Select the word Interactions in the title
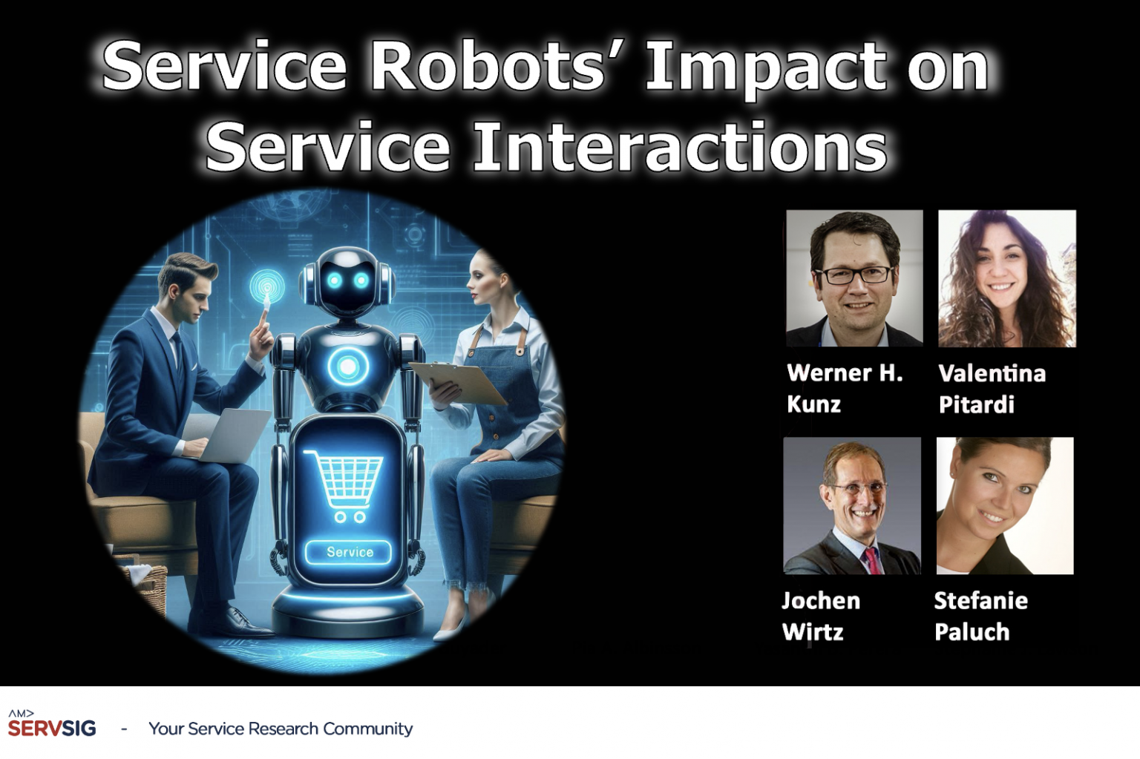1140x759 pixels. point(679,147)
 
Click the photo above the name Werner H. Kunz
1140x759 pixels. point(854,278)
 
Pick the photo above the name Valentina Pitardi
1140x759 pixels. point(1006,278)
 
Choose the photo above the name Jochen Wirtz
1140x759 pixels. point(852,505)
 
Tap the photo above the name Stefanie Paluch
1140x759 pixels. point(1004,505)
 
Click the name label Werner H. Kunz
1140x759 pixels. point(844,388)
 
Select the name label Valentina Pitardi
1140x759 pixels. point(992,388)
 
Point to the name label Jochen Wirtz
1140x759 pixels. point(820,616)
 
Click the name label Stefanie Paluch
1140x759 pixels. point(980,616)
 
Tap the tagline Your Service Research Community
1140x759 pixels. point(281,729)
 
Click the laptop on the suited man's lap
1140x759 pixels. point(226,434)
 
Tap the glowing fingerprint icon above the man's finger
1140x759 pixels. point(266,286)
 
